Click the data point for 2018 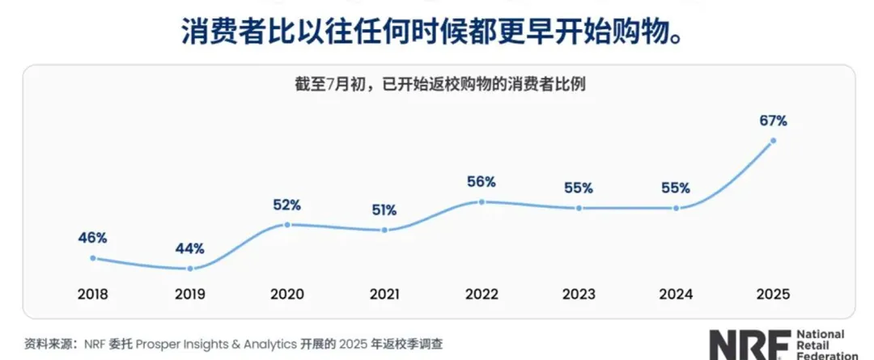[x=93, y=258]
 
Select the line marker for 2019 [x=190, y=269]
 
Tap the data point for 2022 [x=482, y=201]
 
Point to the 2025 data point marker [x=773, y=141]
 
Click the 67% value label [x=773, y=121]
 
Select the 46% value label [x=93, y=238]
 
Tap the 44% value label [x=190, y=248]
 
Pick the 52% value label [x=287, y=205]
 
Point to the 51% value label [x=384, y=210]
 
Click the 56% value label [x=482, y=181]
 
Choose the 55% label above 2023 [x=579, y=188]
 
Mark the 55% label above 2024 [x=676, y=188]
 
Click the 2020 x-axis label [x=287, y=294]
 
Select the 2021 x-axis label [x=384, y=294]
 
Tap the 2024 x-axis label [x=676, y=294]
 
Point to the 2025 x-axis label [x=773, y=294]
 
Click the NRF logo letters [x=743, y=345]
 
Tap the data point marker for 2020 [x=287, y=225]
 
